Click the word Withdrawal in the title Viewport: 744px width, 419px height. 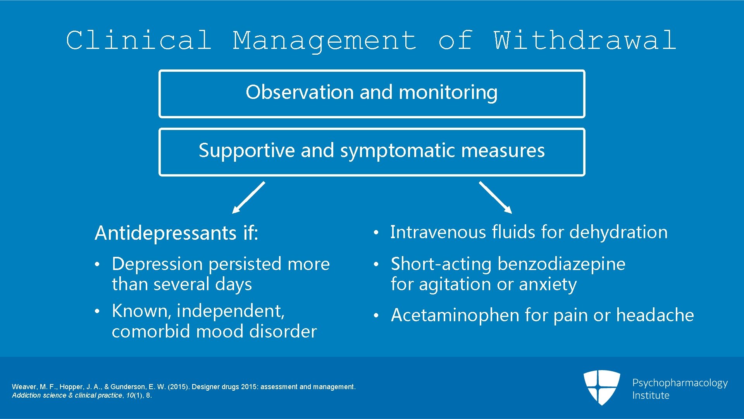coord(585,40)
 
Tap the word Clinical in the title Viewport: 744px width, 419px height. coord(139,40)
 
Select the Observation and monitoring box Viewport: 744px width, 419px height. coord(372,93)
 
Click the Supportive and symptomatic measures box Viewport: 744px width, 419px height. coord(372,152)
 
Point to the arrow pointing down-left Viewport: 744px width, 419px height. coord(248,197)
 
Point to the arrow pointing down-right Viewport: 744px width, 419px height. coord(496,197)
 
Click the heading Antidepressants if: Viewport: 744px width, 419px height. coord(176,233)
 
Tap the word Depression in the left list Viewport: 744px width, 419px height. coord(157,264)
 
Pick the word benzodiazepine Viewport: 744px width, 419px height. coord(561,264)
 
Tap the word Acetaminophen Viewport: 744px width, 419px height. coord(455,315)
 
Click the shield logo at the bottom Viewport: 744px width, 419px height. coord(601,387)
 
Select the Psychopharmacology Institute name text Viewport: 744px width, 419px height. coord(680,389)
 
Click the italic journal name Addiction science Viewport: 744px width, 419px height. coord(39,395)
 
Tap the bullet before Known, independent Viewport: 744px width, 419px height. coord(98,312)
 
